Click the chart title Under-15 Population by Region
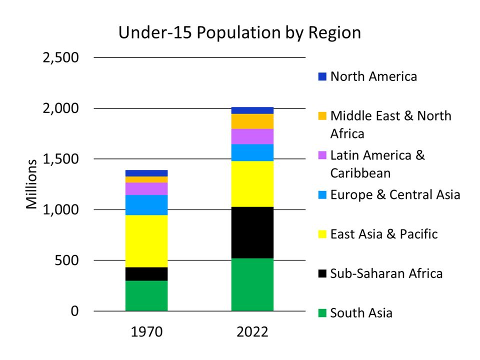(x=239, y=33)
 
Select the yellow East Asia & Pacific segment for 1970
(x=146, y=241)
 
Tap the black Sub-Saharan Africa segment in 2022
(x=252, y=232)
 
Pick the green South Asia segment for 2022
(x=252, y=284)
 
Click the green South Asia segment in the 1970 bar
(x=146, y=295)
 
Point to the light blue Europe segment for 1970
(x=146, y=204)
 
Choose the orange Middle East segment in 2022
(x=252, y=121)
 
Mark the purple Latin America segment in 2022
(x=252, y=136)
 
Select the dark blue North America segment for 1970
(x=146, y=173)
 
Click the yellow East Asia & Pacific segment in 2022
(x=252, y=183)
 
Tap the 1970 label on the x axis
(x=146, y=331)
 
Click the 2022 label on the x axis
(x=252, y=331)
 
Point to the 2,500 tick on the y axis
(x=61, y=57)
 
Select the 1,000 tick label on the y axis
(x=61, y=209)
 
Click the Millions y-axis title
(x=32, y=184)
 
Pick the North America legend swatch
(x=322, y=77)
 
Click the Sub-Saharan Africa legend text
(x=386, y=273)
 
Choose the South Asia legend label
(x=361, y=313)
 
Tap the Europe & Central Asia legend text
(x=395, y=194)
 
